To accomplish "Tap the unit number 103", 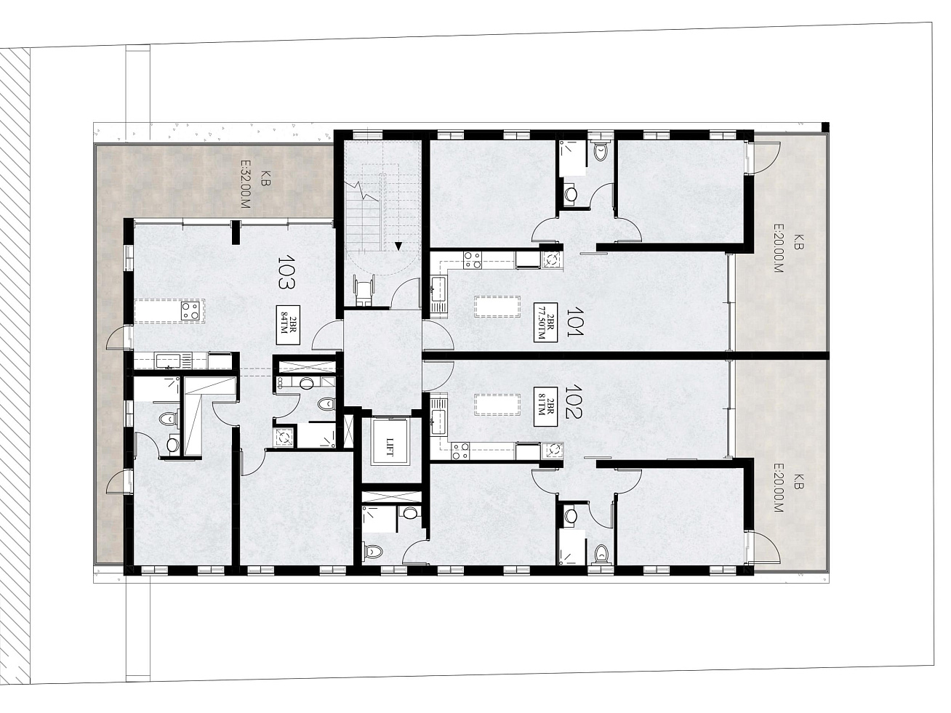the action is point(286,272).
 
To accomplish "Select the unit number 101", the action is point(575,321).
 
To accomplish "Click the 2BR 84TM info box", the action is point(288,325).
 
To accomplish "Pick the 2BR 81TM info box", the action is point(545,406).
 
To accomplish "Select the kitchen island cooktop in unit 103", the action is point(190,310).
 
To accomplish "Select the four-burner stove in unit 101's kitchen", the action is point(473,260).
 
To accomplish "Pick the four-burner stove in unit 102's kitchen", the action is point(460,451).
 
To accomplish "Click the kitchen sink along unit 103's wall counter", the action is point(168,360).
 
